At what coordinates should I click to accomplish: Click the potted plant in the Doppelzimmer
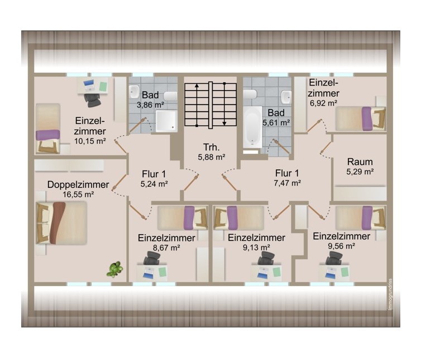[x=115, y=269]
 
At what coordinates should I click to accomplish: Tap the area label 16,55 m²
[x=78, y=194]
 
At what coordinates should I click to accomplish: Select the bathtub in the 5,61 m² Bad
[x=252, y=127]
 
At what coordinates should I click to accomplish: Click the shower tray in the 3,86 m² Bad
[x=166, y=121]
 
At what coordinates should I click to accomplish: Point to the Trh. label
[x=212, y=147]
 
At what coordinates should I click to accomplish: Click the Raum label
[x=360, y=162]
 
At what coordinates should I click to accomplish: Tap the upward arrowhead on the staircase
[x=197, y=86]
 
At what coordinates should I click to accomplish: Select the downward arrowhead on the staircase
[x=224, y=123]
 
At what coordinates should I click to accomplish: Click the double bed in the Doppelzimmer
[x=61, y=223]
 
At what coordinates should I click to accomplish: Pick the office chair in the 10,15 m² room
[x=93, y=100]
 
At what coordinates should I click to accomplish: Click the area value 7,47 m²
[x=287, y=183]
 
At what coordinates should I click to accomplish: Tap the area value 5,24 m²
[x=154, y=184]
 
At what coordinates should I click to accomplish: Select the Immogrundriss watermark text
[x=390, y=295]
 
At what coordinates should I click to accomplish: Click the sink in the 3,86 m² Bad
[x=134, y=92]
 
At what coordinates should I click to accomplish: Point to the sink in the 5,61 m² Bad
[x=286, y=97]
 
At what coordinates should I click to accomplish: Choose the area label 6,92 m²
[x=323, y=103]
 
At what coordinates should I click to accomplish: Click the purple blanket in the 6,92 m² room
[x=367, y=119]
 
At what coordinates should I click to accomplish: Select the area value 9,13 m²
[x=256, y=247]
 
